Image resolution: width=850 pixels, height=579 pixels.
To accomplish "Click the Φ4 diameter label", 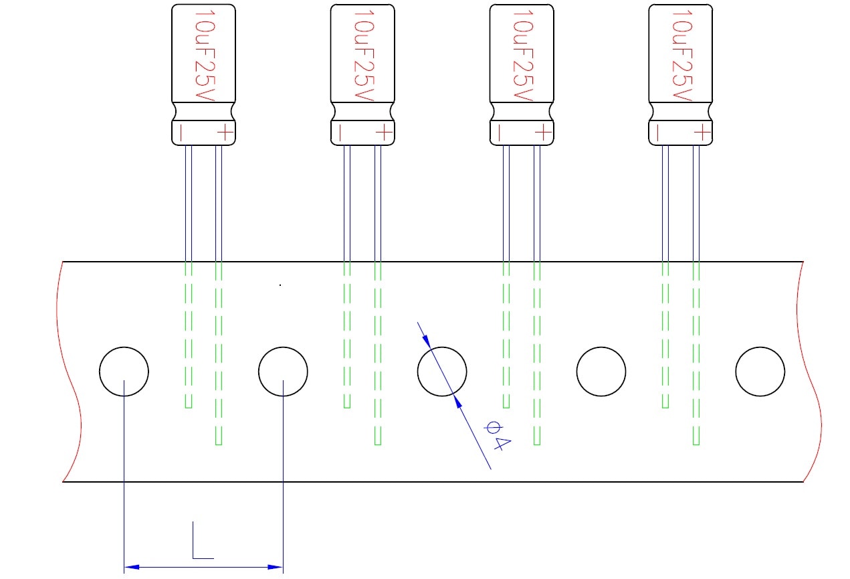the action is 498,435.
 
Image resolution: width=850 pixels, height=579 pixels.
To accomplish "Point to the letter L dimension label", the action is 203,540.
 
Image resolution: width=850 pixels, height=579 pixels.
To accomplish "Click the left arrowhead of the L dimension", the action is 132,567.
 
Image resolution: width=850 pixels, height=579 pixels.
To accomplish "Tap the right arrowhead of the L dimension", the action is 275,567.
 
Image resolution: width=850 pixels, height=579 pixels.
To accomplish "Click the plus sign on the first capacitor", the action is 225,133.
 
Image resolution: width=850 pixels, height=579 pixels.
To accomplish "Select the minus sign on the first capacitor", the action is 181,133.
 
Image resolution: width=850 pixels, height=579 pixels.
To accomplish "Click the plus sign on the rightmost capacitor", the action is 702,133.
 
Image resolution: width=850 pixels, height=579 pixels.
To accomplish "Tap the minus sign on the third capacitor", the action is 499,133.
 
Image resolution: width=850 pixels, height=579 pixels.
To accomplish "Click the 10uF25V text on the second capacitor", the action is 364,56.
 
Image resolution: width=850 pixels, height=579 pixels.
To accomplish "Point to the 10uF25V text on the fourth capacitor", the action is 682,56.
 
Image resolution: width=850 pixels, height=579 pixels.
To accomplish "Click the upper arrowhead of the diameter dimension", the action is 427,341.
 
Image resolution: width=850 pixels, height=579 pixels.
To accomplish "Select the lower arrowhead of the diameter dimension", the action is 458,402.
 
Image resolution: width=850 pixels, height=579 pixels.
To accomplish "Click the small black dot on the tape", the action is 280,285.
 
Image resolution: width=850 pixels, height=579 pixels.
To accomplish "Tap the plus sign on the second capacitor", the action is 384,133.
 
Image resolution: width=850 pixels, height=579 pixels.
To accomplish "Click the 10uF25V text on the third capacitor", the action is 523,56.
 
